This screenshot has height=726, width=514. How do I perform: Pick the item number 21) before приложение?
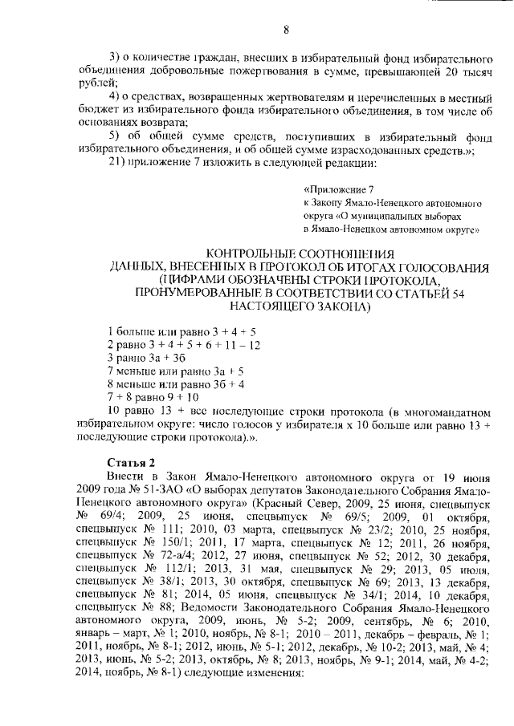(x=117, y=164)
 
